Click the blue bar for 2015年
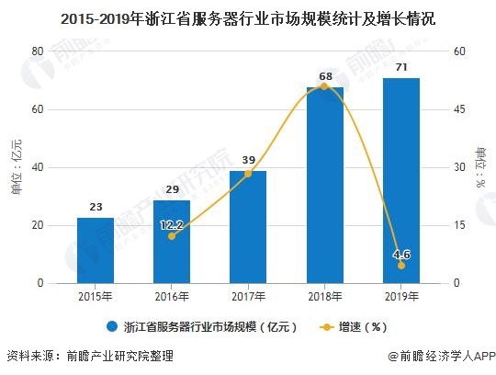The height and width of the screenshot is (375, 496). (x=95, y=250)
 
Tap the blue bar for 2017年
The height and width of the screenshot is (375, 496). (x=247, y=227)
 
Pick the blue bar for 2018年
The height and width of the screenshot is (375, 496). (x=324, y=185)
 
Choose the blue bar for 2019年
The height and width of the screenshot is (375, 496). (x=400, y=180)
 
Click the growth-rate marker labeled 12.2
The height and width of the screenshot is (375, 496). (x=171, y=236)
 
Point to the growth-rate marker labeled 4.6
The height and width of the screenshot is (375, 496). (x=400, y=265)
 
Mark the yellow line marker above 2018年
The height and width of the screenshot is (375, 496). (x=324, y=86)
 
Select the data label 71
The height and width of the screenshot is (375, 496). (x=400, y=68)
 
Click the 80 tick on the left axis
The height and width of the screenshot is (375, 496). (x=38, y=51)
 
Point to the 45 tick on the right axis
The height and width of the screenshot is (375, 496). (x=458, y=109)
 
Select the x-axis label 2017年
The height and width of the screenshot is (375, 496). (x=247, y=297)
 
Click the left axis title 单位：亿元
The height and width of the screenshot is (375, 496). (x=16, y=167)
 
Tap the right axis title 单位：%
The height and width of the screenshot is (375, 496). (x=480, y=167)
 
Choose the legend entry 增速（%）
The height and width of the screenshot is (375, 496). (x=355, y=325)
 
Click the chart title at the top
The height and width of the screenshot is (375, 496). (x=247, y=17)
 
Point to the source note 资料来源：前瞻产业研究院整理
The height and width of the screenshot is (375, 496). (x=89, y=357)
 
